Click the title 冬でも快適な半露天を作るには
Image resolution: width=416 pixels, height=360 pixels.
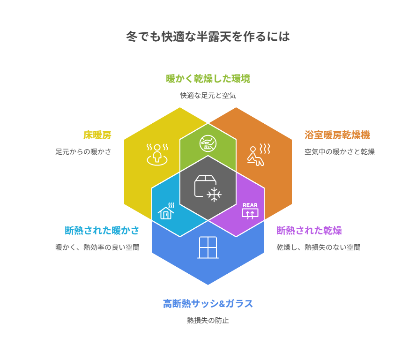pos(208,37)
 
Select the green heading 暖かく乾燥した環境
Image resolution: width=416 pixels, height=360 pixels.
pos(208,79)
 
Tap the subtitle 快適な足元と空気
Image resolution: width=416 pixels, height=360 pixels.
pos(208,95)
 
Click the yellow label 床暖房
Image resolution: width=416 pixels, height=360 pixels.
pos(97,135)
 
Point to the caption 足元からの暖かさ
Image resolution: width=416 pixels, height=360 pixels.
pos(84,151)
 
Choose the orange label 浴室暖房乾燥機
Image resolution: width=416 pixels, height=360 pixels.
pos(337,135)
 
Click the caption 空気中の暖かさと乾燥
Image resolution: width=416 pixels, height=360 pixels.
pos(340,151)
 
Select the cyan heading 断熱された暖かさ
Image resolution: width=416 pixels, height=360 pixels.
pos(102,231)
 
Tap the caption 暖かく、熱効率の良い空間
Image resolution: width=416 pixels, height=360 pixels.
pos(97,247)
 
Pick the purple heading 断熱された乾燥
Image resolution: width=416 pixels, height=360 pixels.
pos(309,231)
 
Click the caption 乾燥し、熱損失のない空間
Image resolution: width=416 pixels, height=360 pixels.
pos(318,247)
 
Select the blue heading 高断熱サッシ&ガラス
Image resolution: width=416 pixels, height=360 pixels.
pos(208,304)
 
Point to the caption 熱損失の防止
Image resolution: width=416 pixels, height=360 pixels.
pos(208,320)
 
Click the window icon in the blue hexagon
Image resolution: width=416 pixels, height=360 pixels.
pos(208,247)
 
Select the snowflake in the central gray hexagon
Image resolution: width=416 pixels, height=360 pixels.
pos(214,194)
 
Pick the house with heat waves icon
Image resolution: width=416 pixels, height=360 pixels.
pos(166,211)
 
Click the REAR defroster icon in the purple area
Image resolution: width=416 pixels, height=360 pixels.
pos(250,211)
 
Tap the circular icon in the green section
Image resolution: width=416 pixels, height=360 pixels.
pos(208,143)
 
